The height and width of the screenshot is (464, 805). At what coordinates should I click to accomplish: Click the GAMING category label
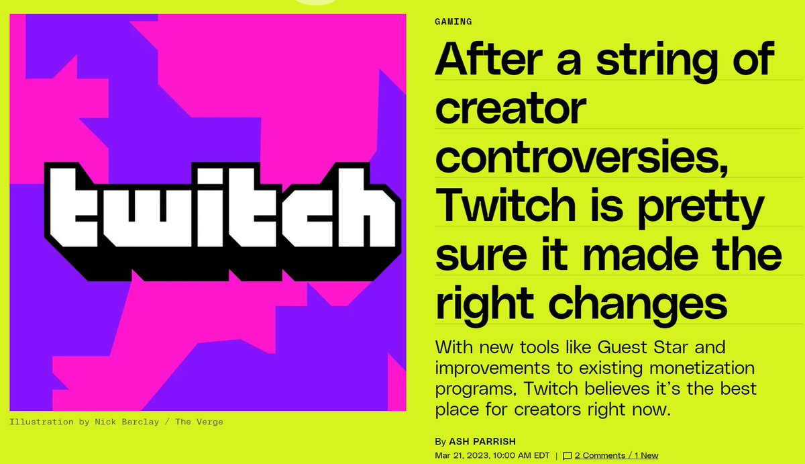pyautogui.click(x=453, y=21)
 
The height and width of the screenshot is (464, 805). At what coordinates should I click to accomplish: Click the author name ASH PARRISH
pyautogui.click(x=476, y=441)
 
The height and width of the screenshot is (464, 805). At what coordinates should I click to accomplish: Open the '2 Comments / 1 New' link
pyautogui.click(x=616, y=455)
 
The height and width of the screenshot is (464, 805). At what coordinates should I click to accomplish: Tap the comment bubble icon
pyautogui.click(x=568, y=455)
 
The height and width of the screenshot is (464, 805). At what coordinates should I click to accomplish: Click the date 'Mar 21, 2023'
pyautogui.click(x=462, y=455)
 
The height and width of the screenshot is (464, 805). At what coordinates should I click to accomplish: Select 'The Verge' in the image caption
pyautogui.click(x=201, y=422)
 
